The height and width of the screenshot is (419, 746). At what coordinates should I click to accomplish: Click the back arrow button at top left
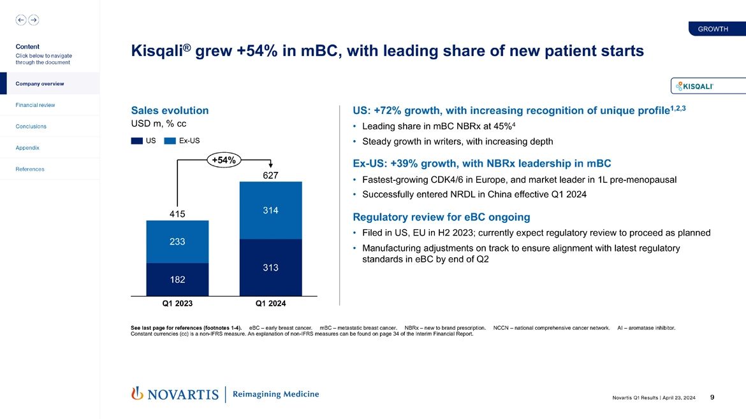[21, 20]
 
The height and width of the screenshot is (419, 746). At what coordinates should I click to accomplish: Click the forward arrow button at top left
[33, 20]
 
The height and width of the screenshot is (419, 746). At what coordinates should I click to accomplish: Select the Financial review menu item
[35, 105]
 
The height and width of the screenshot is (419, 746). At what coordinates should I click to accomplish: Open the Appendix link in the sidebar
[27, 148]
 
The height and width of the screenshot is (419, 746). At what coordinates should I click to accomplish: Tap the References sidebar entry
[30, 169]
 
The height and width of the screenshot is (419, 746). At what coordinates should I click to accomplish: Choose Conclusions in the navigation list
[31, 126]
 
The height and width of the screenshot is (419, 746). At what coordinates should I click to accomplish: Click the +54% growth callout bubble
[223, 160]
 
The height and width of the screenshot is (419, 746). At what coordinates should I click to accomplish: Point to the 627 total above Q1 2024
[270, 174]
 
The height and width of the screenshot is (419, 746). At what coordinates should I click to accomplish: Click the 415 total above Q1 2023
[177, 214]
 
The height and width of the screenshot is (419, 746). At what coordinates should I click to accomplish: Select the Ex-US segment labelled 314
[270, 210]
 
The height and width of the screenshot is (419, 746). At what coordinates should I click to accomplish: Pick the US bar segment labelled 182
[177, 280]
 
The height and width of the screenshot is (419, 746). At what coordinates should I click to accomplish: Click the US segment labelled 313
[270, 267]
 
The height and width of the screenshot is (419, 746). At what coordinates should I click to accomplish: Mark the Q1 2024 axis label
[270, 304]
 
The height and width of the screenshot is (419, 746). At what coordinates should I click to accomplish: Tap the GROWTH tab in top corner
[713, 29]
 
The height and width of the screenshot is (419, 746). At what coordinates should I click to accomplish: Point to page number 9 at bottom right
[712, 397]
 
